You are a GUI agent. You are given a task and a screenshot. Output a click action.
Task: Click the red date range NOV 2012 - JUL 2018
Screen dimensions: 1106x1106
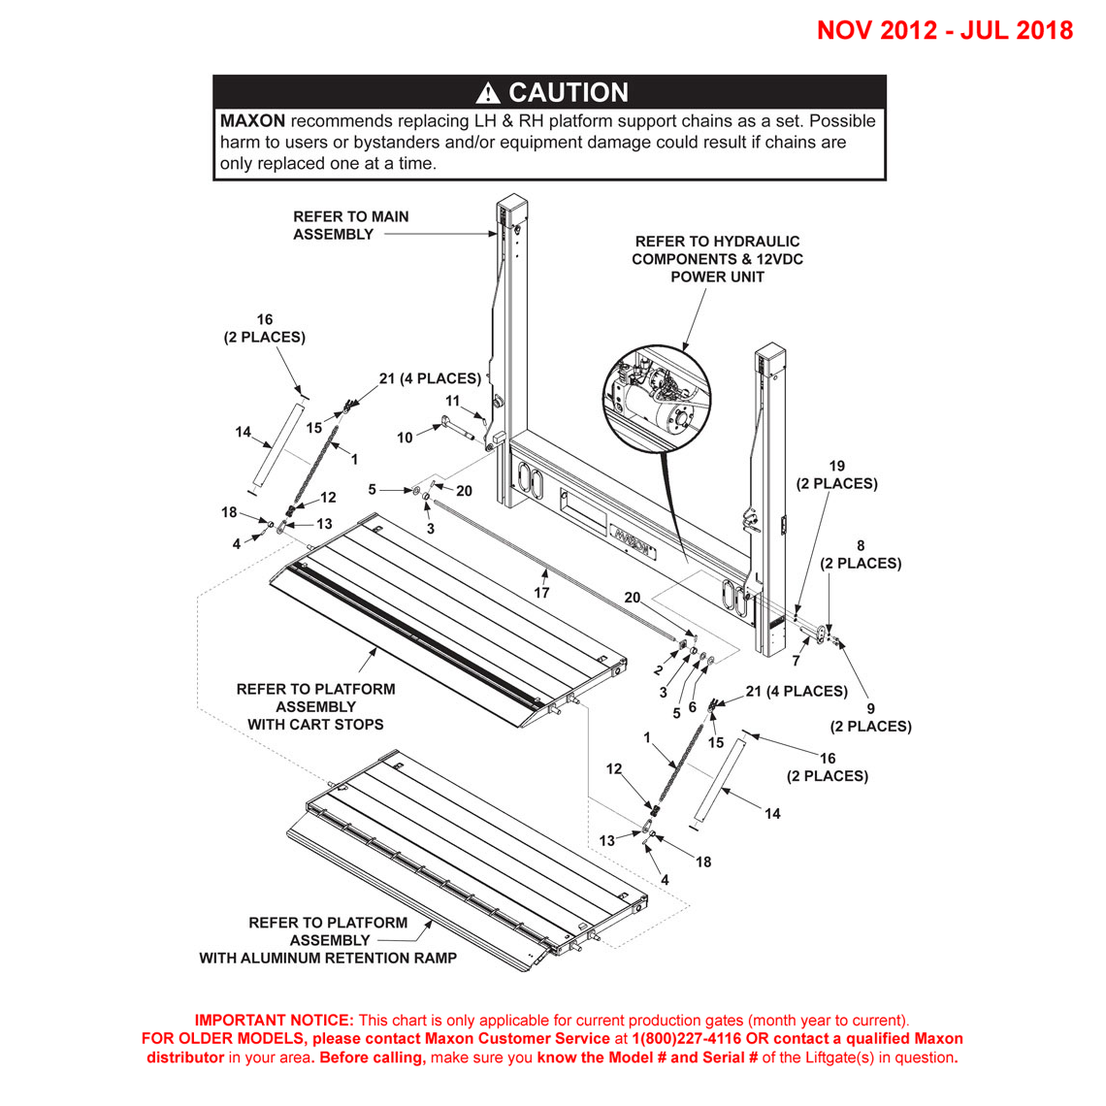944,30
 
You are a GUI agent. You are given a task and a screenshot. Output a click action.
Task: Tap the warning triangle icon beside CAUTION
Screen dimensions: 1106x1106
488,93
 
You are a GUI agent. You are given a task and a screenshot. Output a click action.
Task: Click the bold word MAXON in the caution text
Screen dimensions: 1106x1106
252,121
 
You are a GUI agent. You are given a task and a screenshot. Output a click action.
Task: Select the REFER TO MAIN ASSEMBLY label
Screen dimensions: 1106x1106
350,225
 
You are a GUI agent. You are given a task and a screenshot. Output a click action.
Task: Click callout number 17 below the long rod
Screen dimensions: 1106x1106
541,592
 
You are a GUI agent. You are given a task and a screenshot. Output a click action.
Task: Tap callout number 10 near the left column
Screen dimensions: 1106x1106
405,439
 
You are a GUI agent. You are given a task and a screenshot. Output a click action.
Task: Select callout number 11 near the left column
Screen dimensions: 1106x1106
452,401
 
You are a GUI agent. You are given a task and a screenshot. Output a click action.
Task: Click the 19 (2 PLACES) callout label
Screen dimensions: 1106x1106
836,474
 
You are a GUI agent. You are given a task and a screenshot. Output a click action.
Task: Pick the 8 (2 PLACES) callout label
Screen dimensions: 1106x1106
860,554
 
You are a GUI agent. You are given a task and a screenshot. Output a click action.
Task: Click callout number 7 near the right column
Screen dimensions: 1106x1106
796,661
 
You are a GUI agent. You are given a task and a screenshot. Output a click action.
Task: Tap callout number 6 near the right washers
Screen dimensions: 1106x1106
692,707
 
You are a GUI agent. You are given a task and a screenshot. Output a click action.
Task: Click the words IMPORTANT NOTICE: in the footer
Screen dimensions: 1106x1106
275,1020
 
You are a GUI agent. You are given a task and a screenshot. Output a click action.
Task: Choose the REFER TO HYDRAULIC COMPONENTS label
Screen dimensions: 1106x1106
717,259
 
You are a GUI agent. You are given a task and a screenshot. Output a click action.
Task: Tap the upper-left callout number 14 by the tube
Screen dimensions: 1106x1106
243,432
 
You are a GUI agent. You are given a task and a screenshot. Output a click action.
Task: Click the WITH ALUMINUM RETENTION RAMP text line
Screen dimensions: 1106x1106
328,958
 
